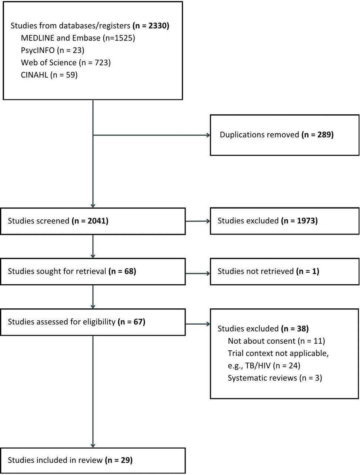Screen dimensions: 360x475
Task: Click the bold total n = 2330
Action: (x=151, y=26)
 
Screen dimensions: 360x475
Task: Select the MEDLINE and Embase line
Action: (x=78, y=38)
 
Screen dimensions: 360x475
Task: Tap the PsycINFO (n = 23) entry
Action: (x=53, y=50)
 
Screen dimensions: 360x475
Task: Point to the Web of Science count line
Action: (x=66, y=63)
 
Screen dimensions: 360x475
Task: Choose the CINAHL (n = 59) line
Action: (x=49, y=75)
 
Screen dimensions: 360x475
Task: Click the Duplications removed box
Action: (x=284, y=135)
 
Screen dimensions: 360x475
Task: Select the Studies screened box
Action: (x=93, y=221)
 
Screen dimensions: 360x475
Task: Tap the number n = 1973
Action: (x=299, y=221)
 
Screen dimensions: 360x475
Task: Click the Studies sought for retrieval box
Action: (x=93, y=272)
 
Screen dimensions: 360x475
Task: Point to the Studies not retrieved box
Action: (x=284, y=272)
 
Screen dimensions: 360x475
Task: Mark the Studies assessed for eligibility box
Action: (x=93, y=322)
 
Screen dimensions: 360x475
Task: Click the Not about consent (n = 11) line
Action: (x=276, y=341)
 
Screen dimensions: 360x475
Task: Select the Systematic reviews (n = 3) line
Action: (x=275, y=378)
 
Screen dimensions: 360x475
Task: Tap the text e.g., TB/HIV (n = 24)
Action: (x=264, y=366)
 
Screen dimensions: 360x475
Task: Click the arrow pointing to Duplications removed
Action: (x=151, y=135)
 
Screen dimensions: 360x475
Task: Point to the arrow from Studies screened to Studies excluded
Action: (x=198, y=221)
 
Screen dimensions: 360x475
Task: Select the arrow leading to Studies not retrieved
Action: (x=198, y=273)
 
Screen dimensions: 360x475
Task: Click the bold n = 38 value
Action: (x=295, y=329)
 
